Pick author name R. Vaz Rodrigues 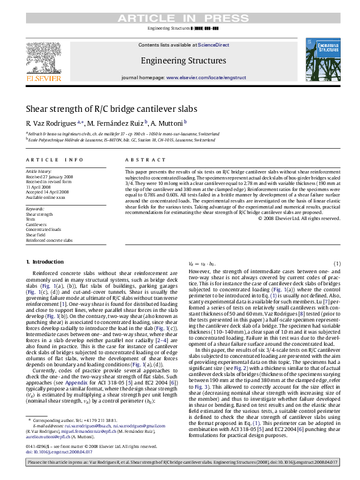[50, 123]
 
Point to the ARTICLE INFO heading [54, 160]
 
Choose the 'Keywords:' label [34, 208]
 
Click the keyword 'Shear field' [36, 235]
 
